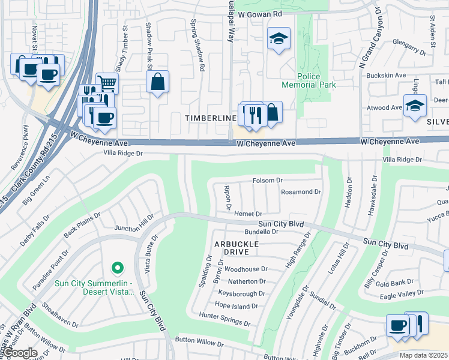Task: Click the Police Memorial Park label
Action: tap(316, 80)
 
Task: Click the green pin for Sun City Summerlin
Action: tap(118, 268)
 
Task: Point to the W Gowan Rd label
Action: tap(259, 13)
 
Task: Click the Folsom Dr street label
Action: tap(267, 180)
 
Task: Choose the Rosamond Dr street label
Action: tap(301, 192)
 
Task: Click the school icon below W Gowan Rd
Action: tap(279, 39)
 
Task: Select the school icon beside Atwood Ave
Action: tap(415, 106)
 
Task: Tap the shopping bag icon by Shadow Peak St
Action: tap(157, 82)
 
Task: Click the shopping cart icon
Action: tap(107, 82)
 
